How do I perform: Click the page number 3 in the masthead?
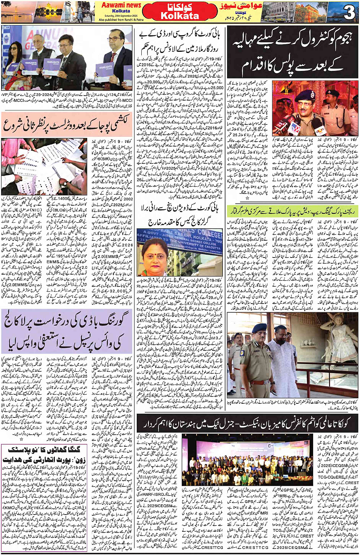coord(349,13)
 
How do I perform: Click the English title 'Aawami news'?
coord(120,5)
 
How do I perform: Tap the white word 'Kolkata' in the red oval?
coord(180,16)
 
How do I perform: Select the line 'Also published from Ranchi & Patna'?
coord(121,19)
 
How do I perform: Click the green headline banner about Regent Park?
coord(293,211)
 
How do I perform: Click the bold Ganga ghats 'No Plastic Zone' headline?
coord(44,455)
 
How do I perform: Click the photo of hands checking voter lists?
coord(44,166)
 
